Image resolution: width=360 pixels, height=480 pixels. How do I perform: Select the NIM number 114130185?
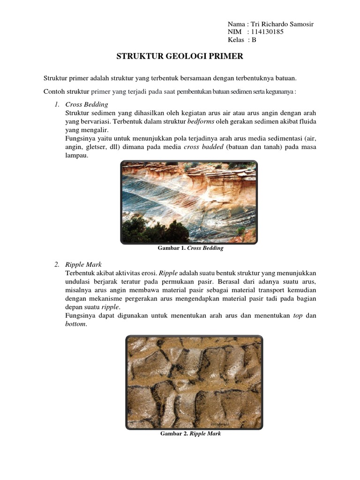click(x=267, y=32)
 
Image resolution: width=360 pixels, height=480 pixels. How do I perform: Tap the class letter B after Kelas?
click(x=254, y=40)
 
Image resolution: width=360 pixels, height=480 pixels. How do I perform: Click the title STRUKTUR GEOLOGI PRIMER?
click(x=180, y=57)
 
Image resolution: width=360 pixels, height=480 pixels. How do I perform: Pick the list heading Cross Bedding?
click(x=87, y=104)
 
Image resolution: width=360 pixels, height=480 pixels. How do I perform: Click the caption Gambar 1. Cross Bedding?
click(x=190, y=248)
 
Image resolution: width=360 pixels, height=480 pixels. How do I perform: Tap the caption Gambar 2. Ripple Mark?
click(x=190, y=434)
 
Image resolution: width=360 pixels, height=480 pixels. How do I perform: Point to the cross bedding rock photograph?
click(x=189, y=202)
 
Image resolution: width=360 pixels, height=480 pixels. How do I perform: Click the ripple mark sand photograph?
click(x=194, y=382)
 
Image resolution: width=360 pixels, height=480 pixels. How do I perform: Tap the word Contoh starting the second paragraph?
click(x=54, y=91)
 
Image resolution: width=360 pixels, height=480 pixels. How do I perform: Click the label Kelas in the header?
click(x=236, y=40)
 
